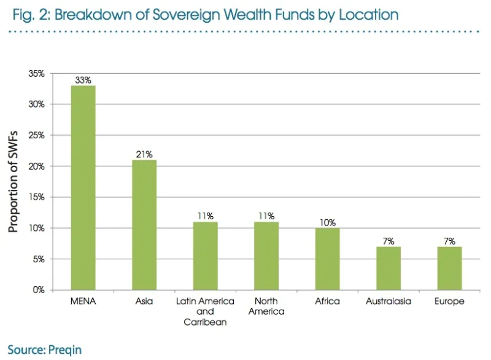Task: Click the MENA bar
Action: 83,187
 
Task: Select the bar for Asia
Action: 144,225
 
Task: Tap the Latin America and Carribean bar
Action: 205,256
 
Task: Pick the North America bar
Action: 266,256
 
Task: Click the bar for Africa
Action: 327,259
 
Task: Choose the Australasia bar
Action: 389,268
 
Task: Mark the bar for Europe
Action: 449,268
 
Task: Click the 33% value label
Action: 83,80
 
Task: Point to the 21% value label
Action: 144,154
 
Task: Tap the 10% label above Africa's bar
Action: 327,222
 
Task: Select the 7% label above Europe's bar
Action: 449,241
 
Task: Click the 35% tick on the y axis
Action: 37,74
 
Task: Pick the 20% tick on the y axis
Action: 37,166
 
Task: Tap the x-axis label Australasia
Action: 389,302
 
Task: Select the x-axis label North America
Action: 266,306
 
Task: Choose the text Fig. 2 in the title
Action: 28,14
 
